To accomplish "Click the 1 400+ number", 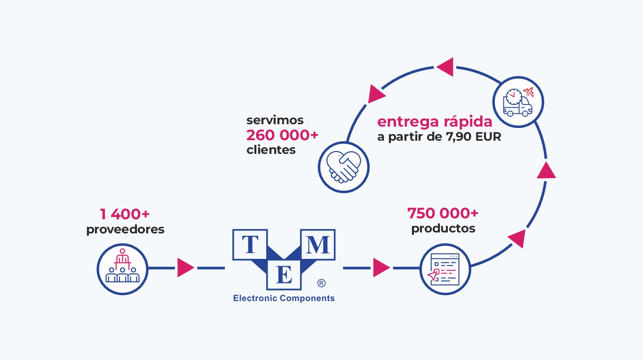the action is coord(125,214).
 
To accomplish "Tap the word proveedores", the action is coord(125,229).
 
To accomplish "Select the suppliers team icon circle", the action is coord(123,269).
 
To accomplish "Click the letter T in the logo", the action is coord(250,245).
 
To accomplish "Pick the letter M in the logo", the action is coord(318,245).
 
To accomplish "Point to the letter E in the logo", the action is coord(284,275).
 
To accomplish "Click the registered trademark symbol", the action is coord(321,283).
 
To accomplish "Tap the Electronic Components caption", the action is coord(284,298).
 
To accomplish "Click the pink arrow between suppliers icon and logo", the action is coord(185,268).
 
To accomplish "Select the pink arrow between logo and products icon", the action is coord(381,268).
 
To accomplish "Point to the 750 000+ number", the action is coord(443,213).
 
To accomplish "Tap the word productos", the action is coord(443,229).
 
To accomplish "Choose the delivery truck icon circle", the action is coord(518,102).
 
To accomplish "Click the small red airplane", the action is coord(529,92).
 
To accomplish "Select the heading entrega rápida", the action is coord(435,122).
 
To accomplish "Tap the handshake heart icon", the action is coord(343,167).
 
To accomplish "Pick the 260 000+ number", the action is coord(283,135).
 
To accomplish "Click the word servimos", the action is coord(275,120).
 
